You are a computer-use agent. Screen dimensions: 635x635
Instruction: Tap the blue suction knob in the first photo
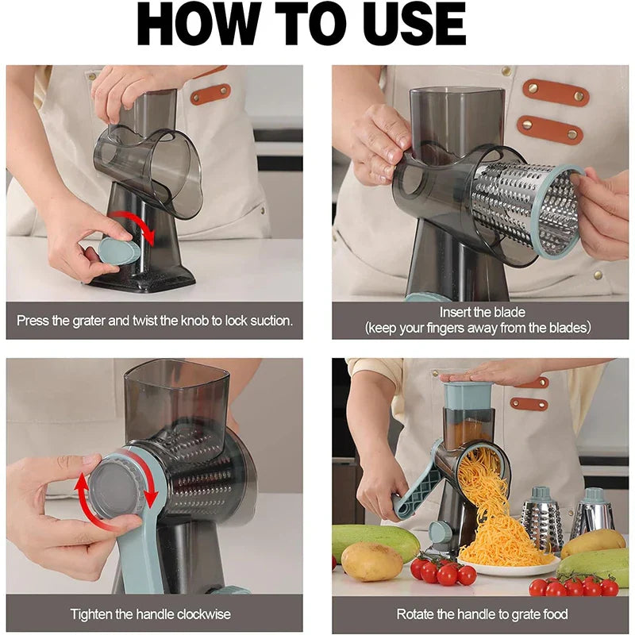[119, 252]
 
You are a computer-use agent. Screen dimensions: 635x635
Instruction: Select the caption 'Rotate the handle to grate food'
[482, 614]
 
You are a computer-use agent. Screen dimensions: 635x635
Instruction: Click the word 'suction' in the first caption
[264, 321]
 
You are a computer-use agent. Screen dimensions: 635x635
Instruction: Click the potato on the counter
[371, 561]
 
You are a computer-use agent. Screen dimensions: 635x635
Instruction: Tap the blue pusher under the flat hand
[469, 396]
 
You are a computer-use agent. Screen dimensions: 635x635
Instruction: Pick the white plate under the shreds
[508, 568]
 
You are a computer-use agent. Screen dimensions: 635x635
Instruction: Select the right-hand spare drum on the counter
[593, 512]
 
